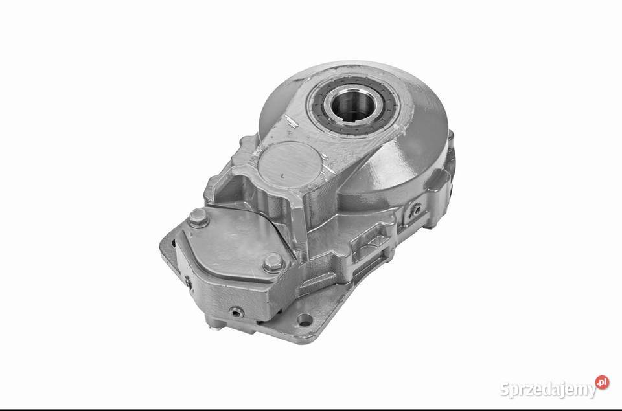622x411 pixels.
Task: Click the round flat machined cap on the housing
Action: [289, 162]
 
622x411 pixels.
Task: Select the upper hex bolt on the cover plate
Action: [198, 217]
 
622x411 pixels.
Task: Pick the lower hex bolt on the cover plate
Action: [273, 262]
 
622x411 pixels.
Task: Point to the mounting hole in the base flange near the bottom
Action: [305, 319]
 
